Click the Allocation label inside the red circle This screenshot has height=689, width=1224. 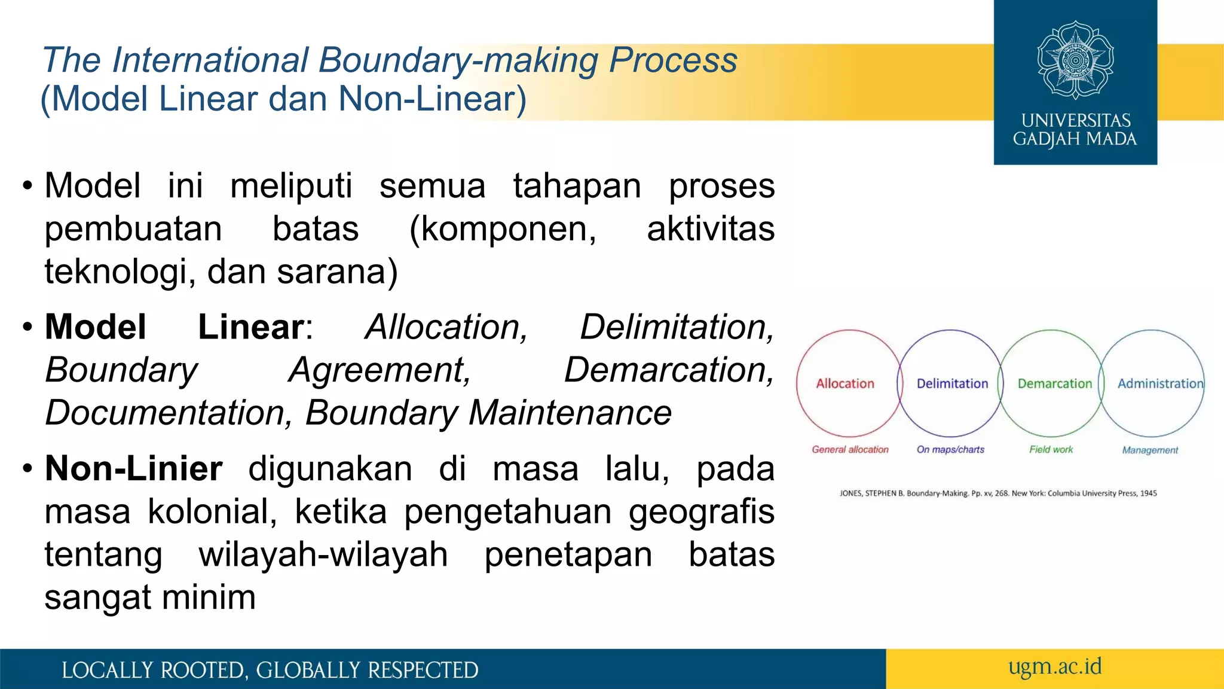tap(844, 383)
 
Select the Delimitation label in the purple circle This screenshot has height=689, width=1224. tap(952, 383)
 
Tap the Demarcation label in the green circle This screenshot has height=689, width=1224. tap(1054, 383)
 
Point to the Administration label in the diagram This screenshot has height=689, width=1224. tap(1160, 383)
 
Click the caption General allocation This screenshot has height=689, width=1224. tap(849, 449)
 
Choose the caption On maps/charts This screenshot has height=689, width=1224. tap(950, 449)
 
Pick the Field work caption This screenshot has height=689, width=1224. tap(1051, 449)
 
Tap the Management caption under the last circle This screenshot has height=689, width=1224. tap(1149, 450)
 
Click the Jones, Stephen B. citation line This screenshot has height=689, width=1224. tap(997, 493)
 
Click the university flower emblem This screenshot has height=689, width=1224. tap(1075, 60)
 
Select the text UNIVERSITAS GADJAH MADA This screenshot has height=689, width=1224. tap(1075, 130)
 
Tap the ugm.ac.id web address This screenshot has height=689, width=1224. tap(1054, 666)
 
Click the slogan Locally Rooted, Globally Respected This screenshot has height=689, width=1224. tap(270, 670)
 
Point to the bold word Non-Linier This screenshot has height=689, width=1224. tap(133, 468)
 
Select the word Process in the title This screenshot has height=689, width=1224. tap(672, 60)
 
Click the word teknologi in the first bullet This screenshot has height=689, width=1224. tap(120, 272)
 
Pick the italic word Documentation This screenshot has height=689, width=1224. tap(167, 413)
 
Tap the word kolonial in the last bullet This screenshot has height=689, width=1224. tap(212, 511)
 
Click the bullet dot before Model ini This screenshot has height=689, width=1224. tap(27, 186)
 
